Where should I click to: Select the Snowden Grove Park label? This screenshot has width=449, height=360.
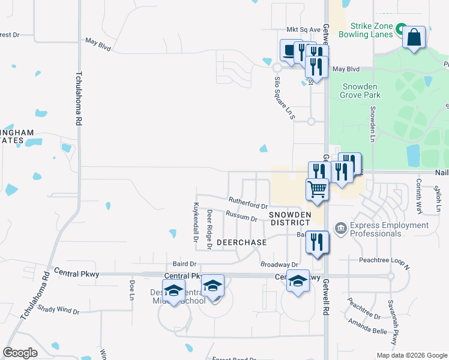[360, 91]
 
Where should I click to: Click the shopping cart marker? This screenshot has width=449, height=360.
[318, 190]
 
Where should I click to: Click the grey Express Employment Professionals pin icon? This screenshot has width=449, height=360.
[340, 227]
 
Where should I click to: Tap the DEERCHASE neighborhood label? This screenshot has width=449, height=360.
[241, 242]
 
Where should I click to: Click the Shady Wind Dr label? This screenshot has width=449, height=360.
[58, 310]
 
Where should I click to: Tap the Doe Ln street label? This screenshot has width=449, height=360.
[131, 290]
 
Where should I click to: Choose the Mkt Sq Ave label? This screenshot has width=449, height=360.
[300, 29]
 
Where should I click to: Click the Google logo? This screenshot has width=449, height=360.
[20, 353]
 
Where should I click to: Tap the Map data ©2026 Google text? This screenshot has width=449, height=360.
[411, 355]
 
